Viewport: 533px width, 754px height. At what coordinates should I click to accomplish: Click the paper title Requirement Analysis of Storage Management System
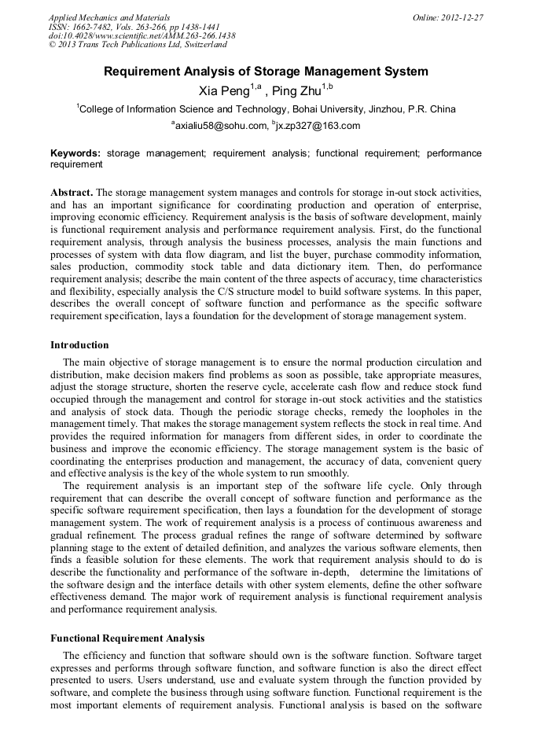[266, 72]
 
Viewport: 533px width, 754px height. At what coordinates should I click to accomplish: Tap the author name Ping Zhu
[299, 91]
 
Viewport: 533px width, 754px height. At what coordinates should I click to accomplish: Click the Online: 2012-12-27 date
[448, 17]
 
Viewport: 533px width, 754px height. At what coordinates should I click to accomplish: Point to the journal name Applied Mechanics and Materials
[109, 17]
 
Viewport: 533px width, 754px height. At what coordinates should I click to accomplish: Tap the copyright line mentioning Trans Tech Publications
[138, 46]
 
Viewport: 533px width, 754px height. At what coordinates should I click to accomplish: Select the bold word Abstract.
[72, 193]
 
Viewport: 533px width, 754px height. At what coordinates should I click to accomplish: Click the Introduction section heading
[79, 345]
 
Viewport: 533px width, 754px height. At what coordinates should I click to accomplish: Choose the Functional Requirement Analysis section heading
[127, 638]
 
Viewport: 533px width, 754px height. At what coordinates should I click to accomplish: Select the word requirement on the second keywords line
[76, 165]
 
